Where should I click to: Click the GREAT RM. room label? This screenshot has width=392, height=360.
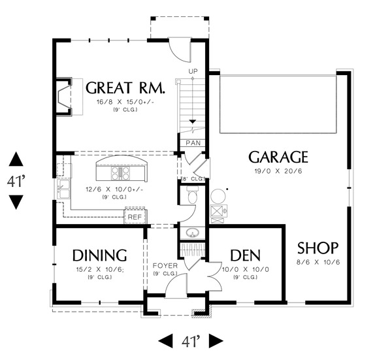point(125,88)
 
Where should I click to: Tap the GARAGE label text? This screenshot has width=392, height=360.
point(278,157)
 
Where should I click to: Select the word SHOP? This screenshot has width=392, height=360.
point(318,248)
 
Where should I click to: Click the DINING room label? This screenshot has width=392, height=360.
point(99,255)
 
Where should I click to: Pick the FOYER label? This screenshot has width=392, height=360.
point(165,266)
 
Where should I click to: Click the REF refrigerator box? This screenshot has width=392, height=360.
point(135,217)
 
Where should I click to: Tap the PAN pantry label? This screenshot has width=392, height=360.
point(193,143)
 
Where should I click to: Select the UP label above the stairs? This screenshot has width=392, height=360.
point(193,71)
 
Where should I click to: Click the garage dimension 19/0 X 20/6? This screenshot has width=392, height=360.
point(278,172)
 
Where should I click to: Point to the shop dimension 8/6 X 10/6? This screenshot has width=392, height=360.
point(318,262)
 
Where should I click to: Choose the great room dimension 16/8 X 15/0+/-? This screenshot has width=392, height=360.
point(124,103)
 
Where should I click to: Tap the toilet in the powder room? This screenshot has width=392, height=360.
point(192,195)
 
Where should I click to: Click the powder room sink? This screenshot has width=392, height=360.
point(192,233)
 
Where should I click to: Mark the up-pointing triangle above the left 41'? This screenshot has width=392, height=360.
point(16,159)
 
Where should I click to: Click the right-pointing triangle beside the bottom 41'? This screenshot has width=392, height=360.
point(216,340)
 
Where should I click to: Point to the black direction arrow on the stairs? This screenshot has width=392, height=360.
point(193,122)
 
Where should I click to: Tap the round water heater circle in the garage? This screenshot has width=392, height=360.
point(217,196)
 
